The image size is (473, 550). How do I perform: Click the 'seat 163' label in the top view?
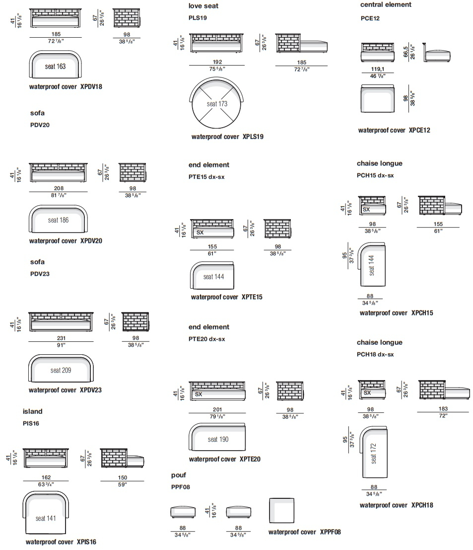(x=55, y=66)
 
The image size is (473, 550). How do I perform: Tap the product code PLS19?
(x=198, y=18)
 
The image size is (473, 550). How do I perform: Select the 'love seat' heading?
(x=203, y=6)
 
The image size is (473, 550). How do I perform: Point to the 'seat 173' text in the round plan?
(x=217, y=104)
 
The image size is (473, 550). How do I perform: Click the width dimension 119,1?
(x=377, y=69)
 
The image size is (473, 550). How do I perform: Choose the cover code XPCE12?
(x=419, y=130)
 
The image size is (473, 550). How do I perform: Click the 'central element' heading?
(x=386, y=4)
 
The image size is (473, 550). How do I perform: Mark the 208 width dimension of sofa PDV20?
(x=59, y=188)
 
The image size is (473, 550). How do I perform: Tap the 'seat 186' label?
(x=58, y=220)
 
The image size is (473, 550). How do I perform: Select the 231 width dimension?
(x=61, y=338)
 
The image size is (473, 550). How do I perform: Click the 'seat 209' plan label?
(x=61, y=371)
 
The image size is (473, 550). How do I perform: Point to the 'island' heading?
(x=33, y=411)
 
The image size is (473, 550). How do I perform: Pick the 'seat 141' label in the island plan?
(x=46, y=518)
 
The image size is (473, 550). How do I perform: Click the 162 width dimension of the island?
(x=46, y=477)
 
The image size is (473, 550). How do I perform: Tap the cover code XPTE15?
(x=252, y=297)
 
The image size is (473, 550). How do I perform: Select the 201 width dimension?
(x=217, y=409)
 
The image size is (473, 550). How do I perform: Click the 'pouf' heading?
(x=178, y=475)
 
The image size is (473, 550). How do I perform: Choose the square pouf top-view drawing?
(x=281, y=510)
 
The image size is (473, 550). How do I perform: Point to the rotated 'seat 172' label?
(x=373, y=454)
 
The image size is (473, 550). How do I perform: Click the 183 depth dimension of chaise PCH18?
(x=443, y=408)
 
